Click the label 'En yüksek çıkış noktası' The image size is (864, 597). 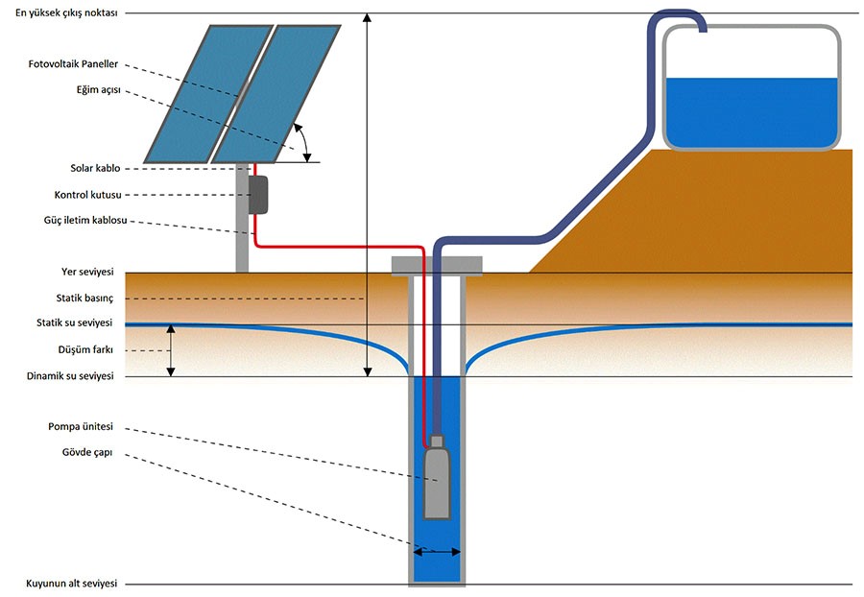point(60,13)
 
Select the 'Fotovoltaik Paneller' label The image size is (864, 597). point(74,64)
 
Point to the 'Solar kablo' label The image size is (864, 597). point(94,169)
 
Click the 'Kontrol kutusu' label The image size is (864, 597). point(85,195)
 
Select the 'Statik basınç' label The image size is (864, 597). point(84,298)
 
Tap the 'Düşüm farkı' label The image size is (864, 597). point(86,350)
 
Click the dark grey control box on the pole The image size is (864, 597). point(257,195)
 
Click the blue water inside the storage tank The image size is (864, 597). point(751,110)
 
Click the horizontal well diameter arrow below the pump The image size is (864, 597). point(437,551)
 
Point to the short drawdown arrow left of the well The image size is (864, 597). point(171,350)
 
